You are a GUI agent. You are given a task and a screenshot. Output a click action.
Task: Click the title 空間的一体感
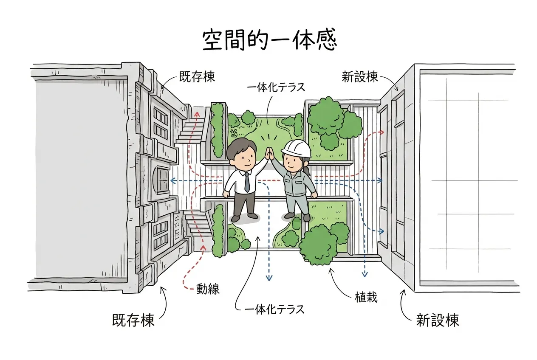270,40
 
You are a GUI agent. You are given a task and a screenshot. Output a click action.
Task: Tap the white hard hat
296,149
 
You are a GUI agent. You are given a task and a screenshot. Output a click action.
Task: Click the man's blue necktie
247,182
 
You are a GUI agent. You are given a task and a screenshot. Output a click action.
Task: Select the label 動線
208,289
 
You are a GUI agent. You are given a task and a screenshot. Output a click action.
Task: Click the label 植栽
366,298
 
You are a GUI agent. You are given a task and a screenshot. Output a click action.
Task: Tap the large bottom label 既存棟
133,320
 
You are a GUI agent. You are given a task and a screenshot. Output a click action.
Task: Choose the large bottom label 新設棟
438,320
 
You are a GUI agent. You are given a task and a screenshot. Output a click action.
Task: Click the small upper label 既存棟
197,77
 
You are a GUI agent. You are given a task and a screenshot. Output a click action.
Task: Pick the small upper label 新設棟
360,77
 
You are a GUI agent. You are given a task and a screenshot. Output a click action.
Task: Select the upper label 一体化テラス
276,87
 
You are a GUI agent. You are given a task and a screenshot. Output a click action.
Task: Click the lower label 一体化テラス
274,310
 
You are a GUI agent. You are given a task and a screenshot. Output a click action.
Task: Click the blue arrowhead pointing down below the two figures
269,277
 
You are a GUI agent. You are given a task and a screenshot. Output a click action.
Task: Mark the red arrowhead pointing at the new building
382,132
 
